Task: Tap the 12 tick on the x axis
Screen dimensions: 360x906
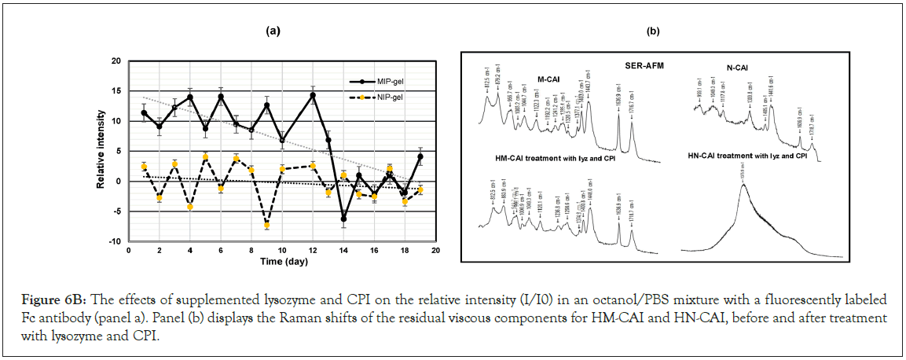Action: [x=313, y=251]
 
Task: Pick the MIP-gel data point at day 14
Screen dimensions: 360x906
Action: [x=343, y=219]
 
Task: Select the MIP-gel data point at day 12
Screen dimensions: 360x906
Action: [x=313, y=95]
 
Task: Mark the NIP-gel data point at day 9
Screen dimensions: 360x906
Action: [x=267, y=225]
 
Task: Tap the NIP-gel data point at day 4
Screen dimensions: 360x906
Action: [x=190, y=207]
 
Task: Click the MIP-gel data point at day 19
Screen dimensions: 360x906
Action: [x=420, y=156]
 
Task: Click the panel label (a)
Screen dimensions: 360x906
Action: [x=273, y=31]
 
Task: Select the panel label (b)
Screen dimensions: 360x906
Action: [x=653, y=31]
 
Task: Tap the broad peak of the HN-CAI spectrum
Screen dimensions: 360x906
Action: [x=743, y=186]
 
